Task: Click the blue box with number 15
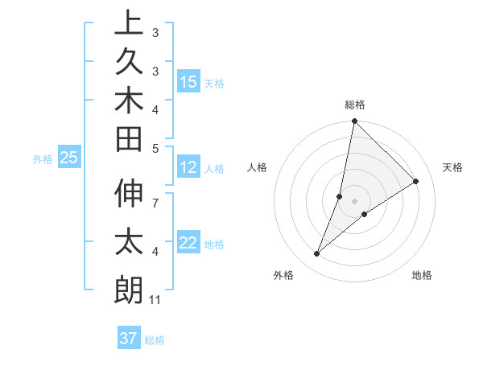tap(188, 82)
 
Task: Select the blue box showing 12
tap(188, 167)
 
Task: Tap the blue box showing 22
tap(188, 243)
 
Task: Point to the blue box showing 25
tap(68, 158)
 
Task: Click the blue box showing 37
tap(128, 338)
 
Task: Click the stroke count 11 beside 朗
tap(156, 300)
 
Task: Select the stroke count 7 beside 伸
tap(155, 195)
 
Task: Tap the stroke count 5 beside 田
tap(155, 148)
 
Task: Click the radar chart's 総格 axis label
tap(355, 105)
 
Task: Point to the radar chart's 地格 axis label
tap(422, 275)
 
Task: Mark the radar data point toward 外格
tap(317, 254)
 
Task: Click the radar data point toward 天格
tap(416, 181)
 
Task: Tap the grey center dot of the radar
tap(355, 201)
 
